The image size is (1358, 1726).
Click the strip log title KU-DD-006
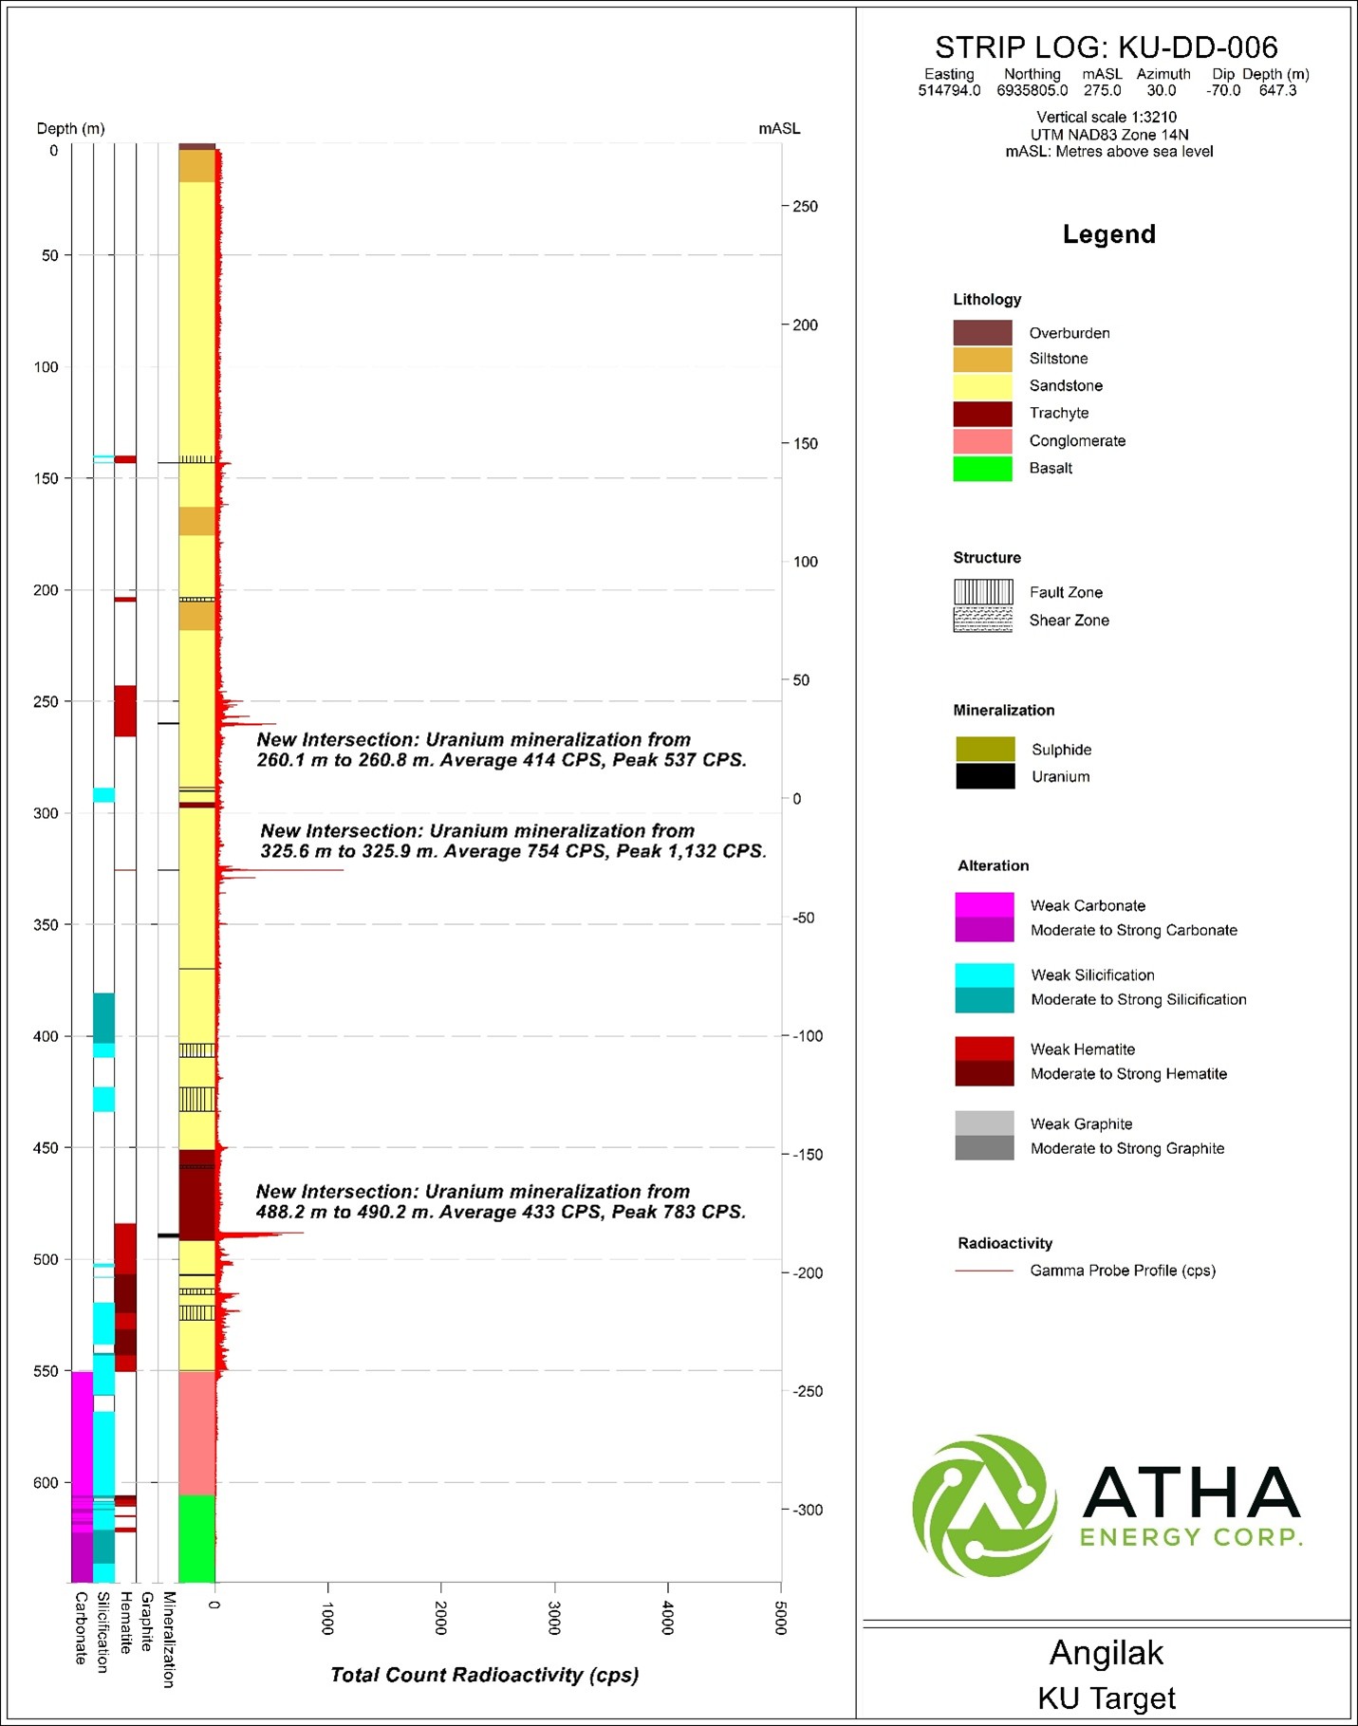pos(1106,47)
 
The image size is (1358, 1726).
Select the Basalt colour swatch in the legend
pos(982,469)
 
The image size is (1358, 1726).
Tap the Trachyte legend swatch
pos(982,414)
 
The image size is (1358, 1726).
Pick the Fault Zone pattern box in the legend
pos(982,592)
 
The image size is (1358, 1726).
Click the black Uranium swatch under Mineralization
pos(985,776)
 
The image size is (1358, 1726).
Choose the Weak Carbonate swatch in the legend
pos(984,904)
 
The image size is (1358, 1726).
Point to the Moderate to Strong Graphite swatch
pos(984,1148)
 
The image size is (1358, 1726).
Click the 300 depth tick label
pos(47,813)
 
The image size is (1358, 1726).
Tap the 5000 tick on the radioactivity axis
pos(780,1618)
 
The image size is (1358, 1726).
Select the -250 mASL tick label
pos(808,1391)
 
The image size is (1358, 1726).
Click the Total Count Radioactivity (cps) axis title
pos(484,1675)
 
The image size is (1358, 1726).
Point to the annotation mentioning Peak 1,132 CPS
pos(512,842)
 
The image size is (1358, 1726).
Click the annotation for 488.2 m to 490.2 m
pos(500,1201)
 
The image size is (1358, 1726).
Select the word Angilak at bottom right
pos(1106,1653)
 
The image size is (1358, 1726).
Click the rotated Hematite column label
pos(125,1624)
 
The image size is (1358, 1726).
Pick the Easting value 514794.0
pos(949,91)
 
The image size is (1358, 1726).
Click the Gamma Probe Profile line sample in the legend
pos(984,1271)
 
